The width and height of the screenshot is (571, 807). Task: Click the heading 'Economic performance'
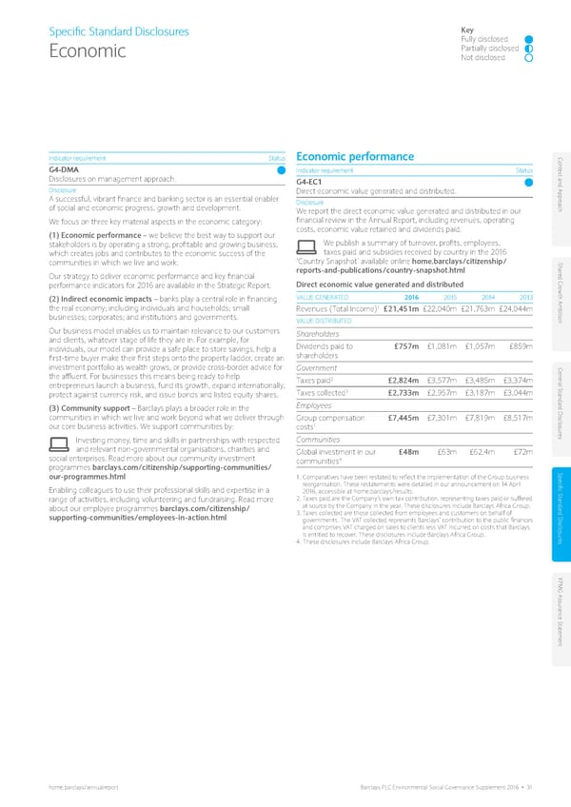click(355, 156)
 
